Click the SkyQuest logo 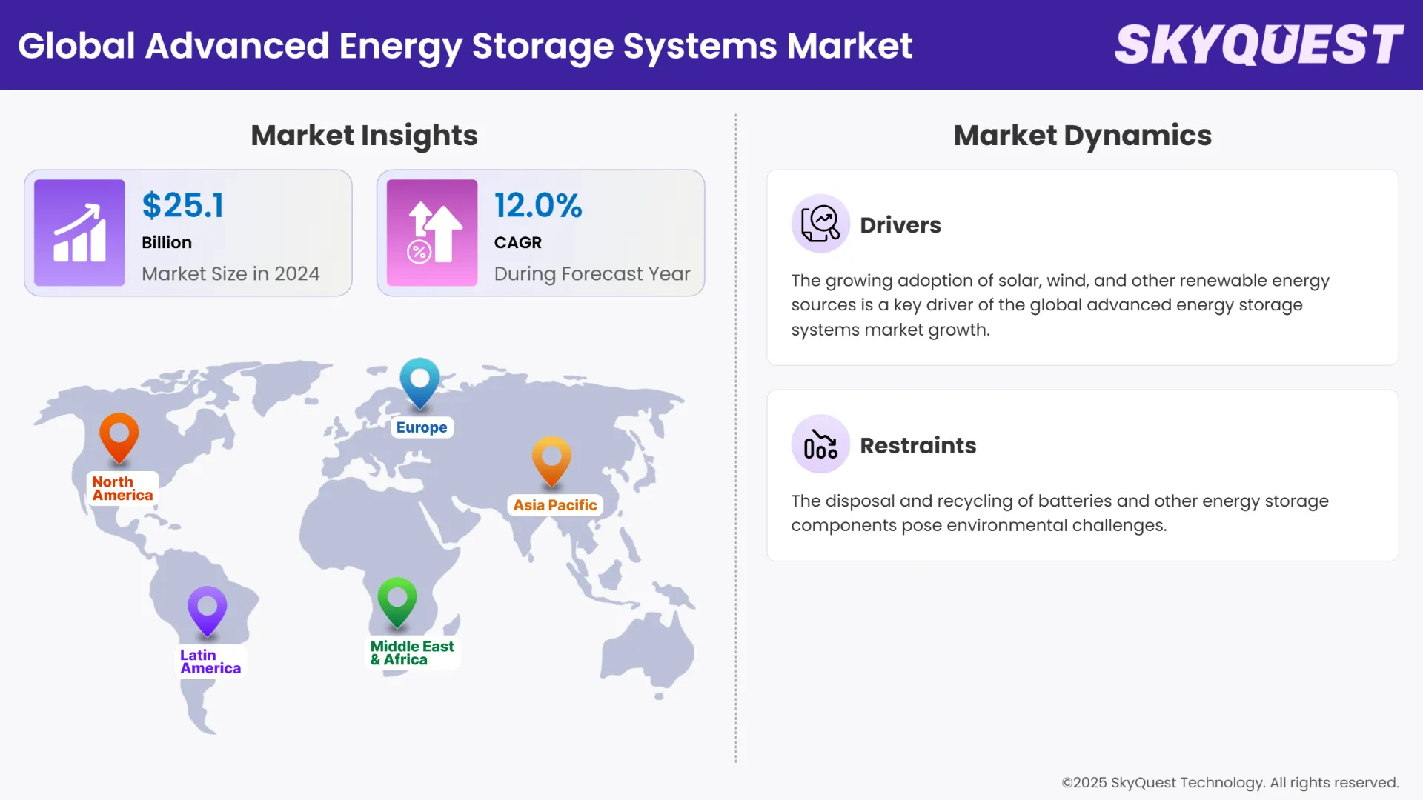click(1258, 45)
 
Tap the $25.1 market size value click(182, 206)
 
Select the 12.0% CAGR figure click(538, 206)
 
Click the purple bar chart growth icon click(79, 233)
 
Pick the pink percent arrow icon click(432, 233)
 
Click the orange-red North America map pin click(119, 437)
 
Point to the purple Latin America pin click(207, 610)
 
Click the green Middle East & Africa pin click(397, 601)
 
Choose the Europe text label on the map click(422, 427)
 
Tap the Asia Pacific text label click(555, 505)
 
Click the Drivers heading click(900, 225)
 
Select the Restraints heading click(918, 445)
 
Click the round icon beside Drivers click(820, 224)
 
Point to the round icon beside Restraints click(820, 444)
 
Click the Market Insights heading click(364, 136)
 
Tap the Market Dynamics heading click(1082, 136)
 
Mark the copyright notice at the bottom click(1230, 783)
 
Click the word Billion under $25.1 click(167, 243)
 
